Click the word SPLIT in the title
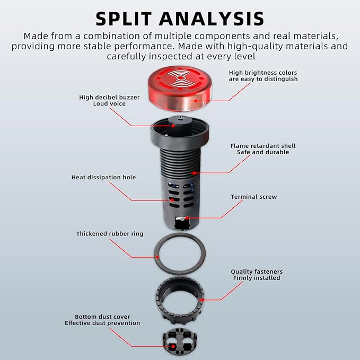pyautogui.click(x=124, y=19)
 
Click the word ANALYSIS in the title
pyautogui.click(x=212, y=19)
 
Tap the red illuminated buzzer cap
pyautogui.click(x=180, y=89)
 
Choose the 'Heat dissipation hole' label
pyautogui.click(x=103, y=177)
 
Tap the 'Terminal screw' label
pyautogui.click(x=254, y=197)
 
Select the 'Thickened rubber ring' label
pyautogui.click(x=110, y=234)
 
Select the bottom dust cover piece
pyautogui.click(x=180, y=342)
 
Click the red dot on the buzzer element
pyautogui.click(x=173, y=126)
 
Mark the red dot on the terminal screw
pyautogui.click(x=187, y=218)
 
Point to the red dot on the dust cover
pyautogui.click(x=173, y=346)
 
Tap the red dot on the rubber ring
pyautogui.click(x=157, y=257)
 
